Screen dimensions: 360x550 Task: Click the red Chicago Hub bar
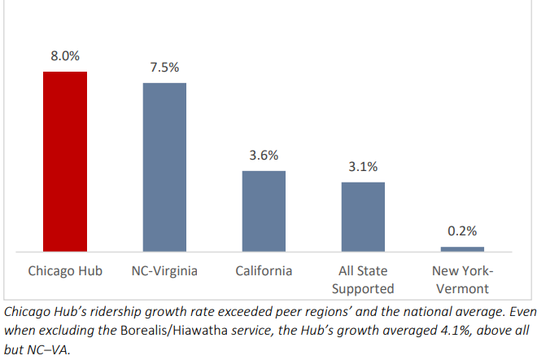click(65, 161)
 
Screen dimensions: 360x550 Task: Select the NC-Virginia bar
click(164, 167)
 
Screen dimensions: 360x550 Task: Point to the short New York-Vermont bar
click(462, 248)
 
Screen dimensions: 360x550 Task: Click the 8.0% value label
click(65, 56)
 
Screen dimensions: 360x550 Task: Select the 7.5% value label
click(164, 68)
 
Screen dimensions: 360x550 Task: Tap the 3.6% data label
click(264, 155)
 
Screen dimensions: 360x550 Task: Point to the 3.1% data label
click(363, 166)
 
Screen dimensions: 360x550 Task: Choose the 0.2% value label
click(462, 230)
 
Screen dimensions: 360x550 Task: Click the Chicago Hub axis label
click(65, 270)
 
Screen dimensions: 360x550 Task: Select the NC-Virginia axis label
click(164, 270)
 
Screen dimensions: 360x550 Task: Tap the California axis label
click(264, 270)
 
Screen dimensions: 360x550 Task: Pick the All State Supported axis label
click(363, 279)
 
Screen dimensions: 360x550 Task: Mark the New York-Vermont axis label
click(462, 279)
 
